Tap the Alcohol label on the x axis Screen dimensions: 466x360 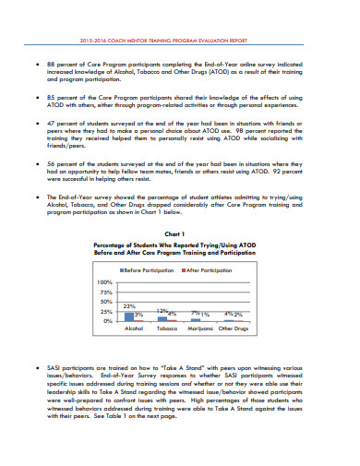point(133,329)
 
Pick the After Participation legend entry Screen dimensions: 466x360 point(209,269)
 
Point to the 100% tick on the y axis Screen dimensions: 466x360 point(104,281)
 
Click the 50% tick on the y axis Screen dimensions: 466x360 point(106,301)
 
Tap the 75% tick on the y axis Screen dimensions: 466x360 point(106,291)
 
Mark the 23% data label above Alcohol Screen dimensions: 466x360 point(129,305)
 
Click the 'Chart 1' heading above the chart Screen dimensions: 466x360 point(180,235)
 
